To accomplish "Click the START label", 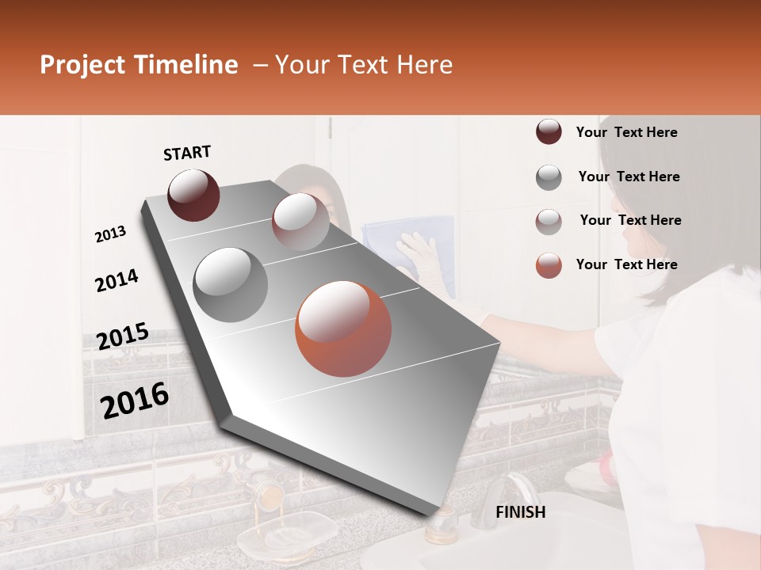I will (187, 153).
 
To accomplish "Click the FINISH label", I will (520, 512).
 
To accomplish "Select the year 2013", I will (110, 234).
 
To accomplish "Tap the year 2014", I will (117, 281).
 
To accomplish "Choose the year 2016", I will (135, 401).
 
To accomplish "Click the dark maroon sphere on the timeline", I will (193, 195).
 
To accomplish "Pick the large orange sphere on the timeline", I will (342, 329).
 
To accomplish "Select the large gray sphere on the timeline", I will (230, 284).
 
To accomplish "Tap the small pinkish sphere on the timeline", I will (300, 222).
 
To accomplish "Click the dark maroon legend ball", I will (549, 132).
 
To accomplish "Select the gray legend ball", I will (549, 177).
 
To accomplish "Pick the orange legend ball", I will (549, 265).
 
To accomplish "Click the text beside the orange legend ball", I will (626, 264).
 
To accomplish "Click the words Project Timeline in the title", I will (139, 65).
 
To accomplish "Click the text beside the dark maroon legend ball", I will (626, 132).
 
